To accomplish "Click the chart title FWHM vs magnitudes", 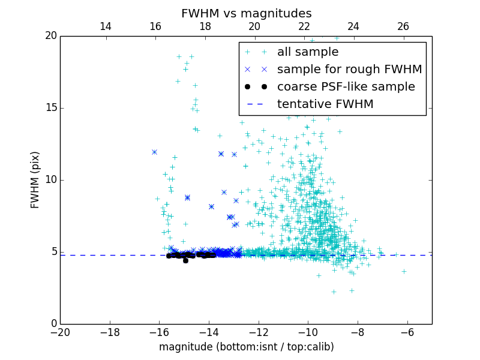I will click(x=246, y=13).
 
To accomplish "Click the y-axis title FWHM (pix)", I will click(x=35, y=180).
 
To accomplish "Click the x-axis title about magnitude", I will click(x=246, y=347).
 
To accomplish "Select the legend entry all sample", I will click(x=307, y=52).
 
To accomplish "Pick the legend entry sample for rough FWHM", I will click(x=349, y=70).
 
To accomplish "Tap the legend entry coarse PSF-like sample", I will click(x=346, y=87).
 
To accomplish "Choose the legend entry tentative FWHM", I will click(x=325, y=104).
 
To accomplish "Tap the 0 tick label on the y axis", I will click(x=53, y=324).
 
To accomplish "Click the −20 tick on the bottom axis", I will click(x=60, y=332).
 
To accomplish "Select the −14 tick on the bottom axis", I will click(x=209, y=332).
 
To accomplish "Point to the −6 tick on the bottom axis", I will click(x=407, y=332).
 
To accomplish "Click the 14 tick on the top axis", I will click(x=106, y=26).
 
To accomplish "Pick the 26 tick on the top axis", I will click(x=403, y=26).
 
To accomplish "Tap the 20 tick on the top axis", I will click(x=254, y=26).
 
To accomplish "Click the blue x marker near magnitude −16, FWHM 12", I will click(x=155, y=152).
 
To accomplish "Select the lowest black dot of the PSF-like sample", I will click(x=185, y=260).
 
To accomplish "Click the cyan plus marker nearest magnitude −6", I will click(x=404, y=271).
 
